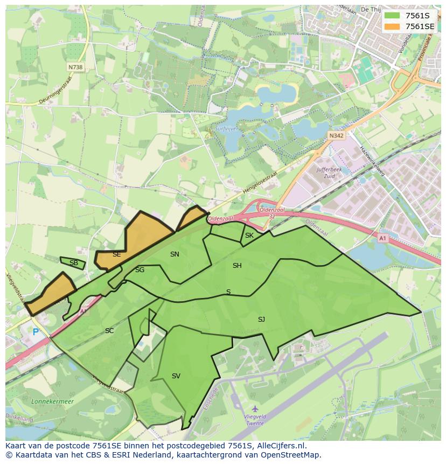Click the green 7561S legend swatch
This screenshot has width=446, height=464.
click(x=393, y=16)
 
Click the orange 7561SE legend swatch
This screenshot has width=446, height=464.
click(x=393, y=26)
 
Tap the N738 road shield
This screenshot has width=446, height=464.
click(x=75, y=67)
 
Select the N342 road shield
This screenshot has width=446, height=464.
click(x=336, y=136)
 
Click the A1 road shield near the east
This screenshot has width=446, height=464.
click(x=382, y=238)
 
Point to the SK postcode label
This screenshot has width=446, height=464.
click(x=249, y=236)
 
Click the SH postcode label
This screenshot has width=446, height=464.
click(x=237, y=266)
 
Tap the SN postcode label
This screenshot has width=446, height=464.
click(x=175, y=254)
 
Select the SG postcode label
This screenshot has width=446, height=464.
click(x=140, y=270)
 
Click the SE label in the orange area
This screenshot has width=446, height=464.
click(x=116, y=254)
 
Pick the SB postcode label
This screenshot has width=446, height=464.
click(x=74, y=263)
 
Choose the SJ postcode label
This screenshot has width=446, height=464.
click(x=261, y=320)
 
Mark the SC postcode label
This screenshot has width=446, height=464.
click(x=109, y=331)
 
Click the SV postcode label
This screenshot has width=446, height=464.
click(x=176, y=376)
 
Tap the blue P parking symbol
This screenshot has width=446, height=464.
click(x=36, y=333)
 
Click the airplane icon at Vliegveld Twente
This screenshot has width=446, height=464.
click(x=255, y=409)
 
